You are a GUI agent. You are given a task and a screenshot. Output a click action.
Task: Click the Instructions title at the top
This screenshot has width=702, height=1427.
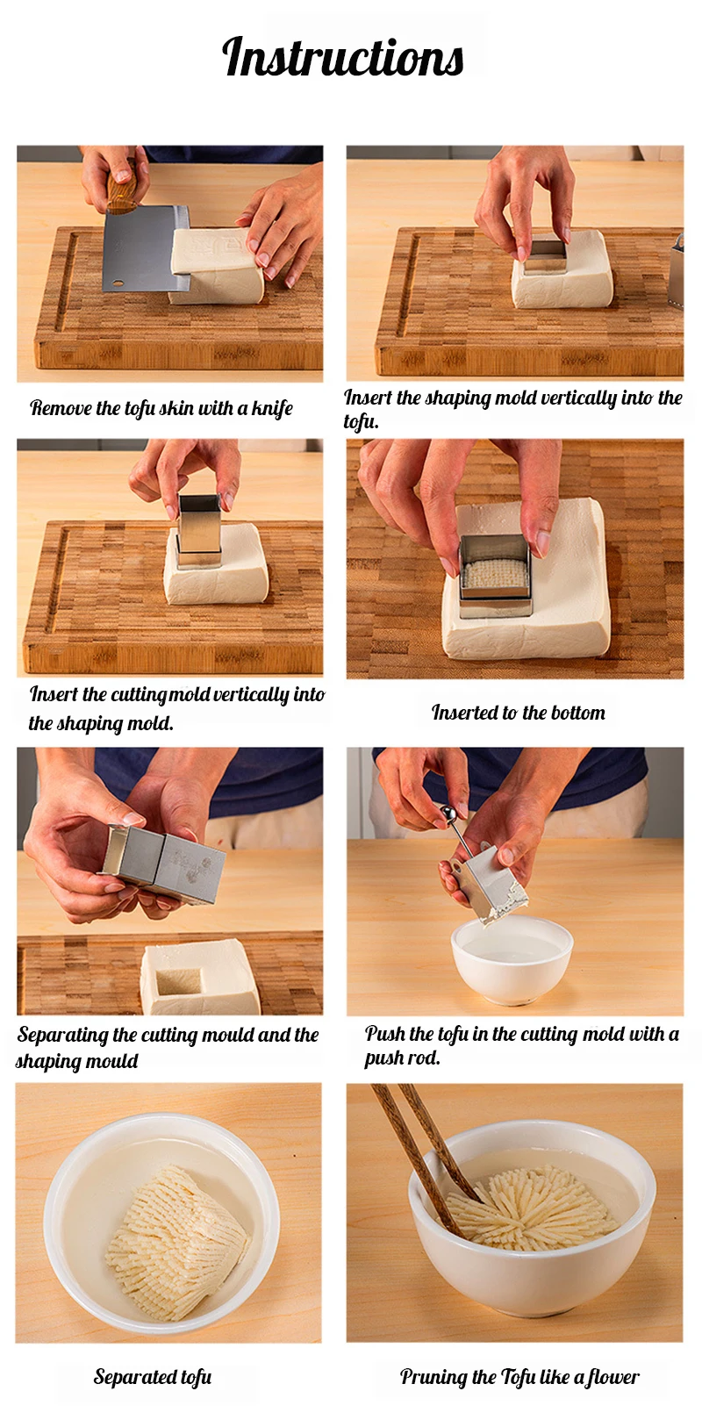[343, 57]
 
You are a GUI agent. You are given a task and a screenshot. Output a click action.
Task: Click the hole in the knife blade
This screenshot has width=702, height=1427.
[118, 282]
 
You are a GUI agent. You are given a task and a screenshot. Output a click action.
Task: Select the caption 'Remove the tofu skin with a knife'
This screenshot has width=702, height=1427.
[161, 408]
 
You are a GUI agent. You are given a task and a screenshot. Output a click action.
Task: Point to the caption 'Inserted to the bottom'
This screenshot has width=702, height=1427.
[519, 713]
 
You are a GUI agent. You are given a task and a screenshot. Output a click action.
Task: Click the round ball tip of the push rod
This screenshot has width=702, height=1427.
[448, 813]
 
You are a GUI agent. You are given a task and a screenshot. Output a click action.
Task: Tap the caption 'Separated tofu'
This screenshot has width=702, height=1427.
[153, 1377]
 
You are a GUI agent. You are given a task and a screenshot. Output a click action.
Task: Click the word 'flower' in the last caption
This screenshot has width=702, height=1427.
[612, 1377]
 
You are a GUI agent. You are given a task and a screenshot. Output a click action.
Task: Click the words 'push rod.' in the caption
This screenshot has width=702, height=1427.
[402, 1058]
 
